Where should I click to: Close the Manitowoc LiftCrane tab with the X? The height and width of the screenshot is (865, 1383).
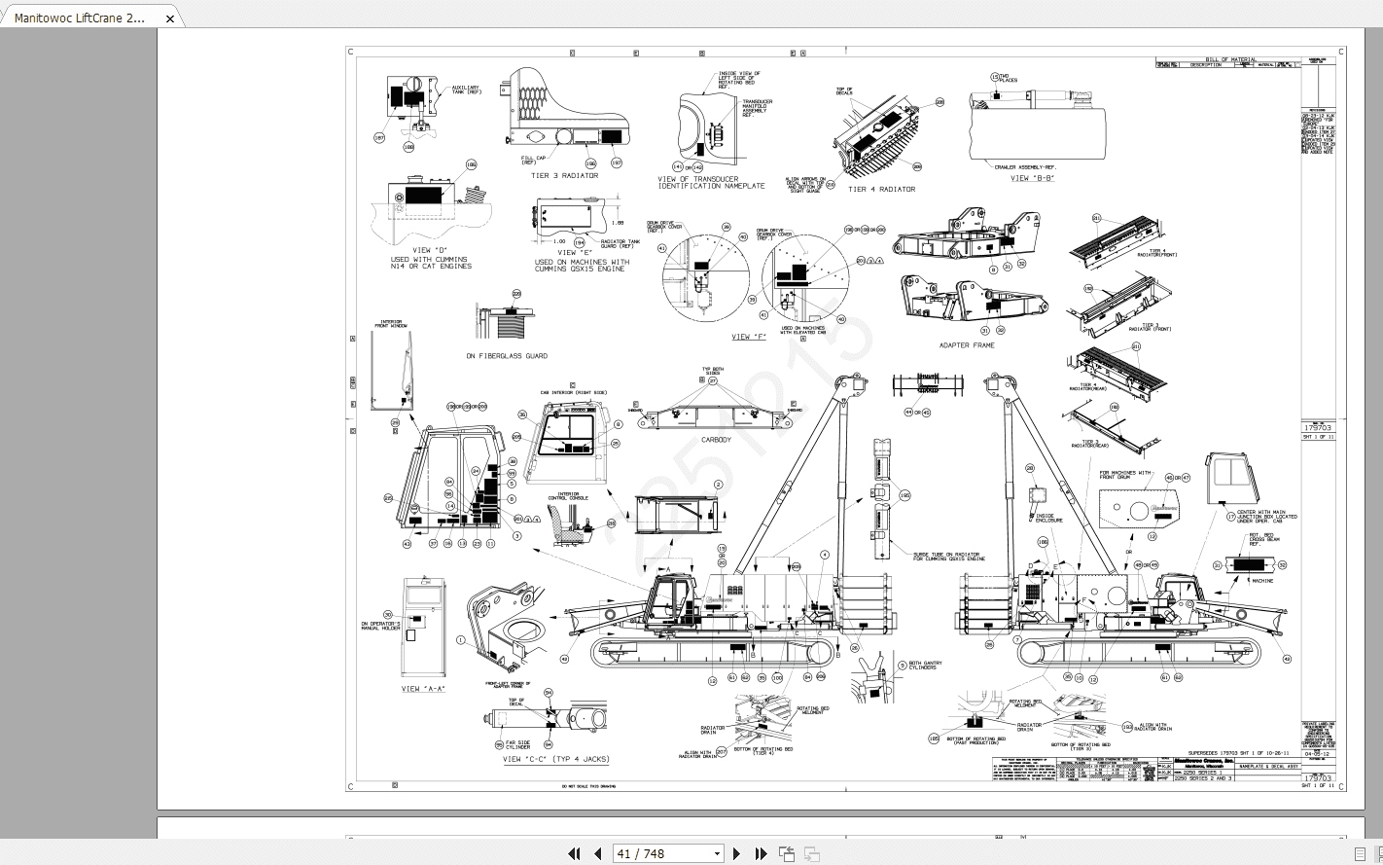[x=170, y=18]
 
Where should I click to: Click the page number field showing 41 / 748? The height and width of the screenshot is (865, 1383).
[x=661, y=853]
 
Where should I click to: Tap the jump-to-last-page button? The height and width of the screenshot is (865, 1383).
[x=762, y=853]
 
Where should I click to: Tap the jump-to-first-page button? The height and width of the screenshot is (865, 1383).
[x=574, y=853]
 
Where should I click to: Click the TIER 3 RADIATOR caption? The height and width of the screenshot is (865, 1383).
[x=564, y=176]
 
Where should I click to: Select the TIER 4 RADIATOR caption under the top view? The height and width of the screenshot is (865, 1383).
[x=881, y=190]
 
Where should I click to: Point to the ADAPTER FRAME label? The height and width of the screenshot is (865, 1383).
[x=967, y=345]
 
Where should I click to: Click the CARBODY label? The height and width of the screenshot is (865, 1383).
[x=716, y=440]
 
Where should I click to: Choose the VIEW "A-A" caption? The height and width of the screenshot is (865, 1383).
[x=424, y=689]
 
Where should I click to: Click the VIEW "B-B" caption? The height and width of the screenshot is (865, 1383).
[x=1032, y=178]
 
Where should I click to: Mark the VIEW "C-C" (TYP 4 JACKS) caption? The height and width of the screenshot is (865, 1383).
[x=556, y=759]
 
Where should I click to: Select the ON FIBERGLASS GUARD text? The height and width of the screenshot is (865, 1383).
[x=506, y=356]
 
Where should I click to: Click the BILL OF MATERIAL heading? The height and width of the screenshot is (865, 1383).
[x=1230, y=59]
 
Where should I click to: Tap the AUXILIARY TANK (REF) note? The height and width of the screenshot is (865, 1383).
[x=466, y=90]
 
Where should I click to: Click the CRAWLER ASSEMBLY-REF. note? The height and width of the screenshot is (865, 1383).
[x=1024, y=166]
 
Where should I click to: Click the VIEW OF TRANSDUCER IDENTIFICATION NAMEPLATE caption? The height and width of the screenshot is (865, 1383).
[x=711, y=182]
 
